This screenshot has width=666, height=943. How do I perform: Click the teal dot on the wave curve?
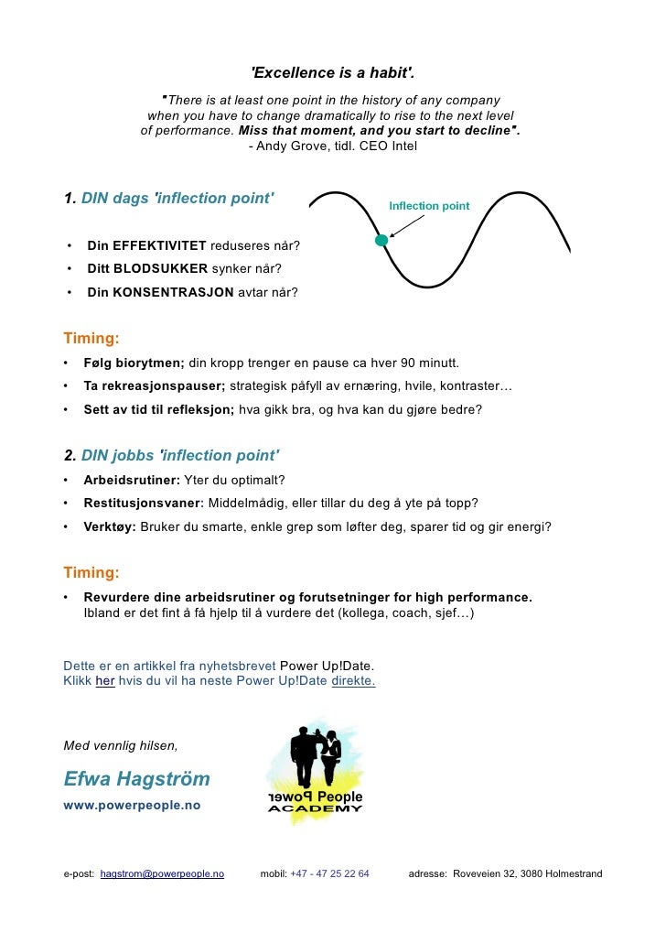(x=381, y=240)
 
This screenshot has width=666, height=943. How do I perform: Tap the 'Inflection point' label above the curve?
(x=429, y=206)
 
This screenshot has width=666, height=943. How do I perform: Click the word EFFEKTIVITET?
(x=147, y=247)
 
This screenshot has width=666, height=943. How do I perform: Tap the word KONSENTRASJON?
(x=160, y=292)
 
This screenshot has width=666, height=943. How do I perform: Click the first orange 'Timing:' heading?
(x=91, y=339)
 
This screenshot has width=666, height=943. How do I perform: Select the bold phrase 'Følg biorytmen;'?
(x=134, y=362)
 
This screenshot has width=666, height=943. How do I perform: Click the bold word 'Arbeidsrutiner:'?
(x=132, y=481)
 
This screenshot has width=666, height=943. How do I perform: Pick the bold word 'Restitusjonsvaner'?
(x=142, y=504)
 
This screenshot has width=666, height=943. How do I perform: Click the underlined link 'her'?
(x=105, y=681)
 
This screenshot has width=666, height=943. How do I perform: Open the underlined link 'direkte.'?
(x=353, y=681)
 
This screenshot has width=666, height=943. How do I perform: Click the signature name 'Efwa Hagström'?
(x=136, y=780)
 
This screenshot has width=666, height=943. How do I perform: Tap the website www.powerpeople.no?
(x=132, y=805)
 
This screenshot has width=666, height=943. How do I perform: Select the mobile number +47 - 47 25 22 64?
(x=329, y=874)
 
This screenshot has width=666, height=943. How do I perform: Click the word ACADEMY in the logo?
(x=315, y=808)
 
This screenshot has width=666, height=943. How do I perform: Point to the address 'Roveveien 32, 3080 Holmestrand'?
(x=528, y=874)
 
